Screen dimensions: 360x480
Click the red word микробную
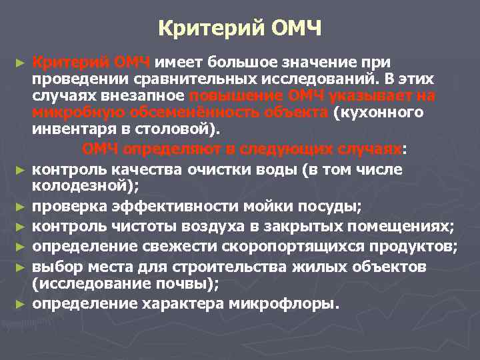[69, 112]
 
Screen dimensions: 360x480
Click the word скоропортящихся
[271, 247]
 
